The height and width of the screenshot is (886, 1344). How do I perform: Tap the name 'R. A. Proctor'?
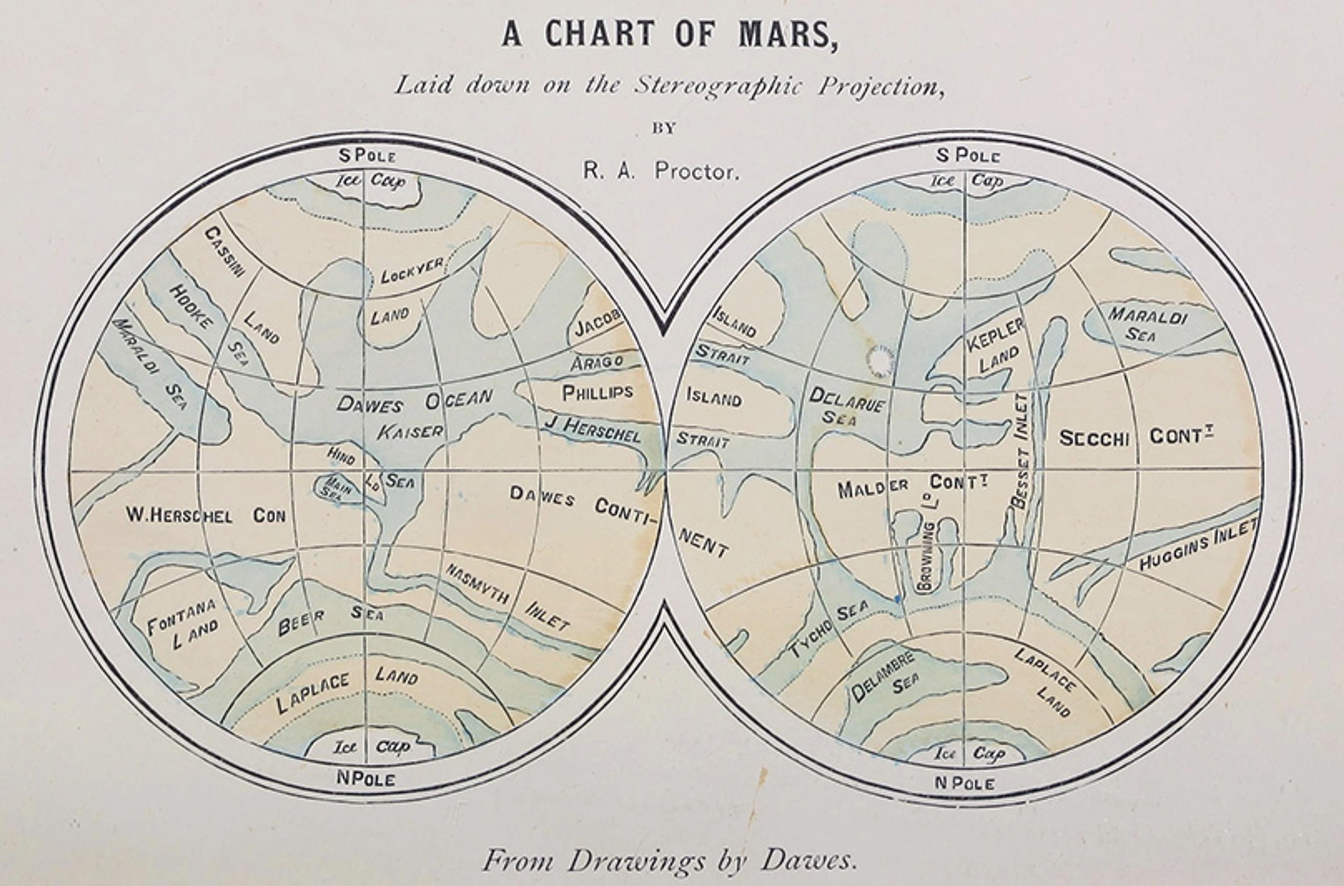tap(661, 171)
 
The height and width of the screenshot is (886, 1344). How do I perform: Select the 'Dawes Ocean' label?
tap(414, 401)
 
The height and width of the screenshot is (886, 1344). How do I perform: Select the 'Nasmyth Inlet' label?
tap(507, 597)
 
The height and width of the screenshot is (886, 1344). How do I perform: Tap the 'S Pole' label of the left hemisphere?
tap(367, 155)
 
